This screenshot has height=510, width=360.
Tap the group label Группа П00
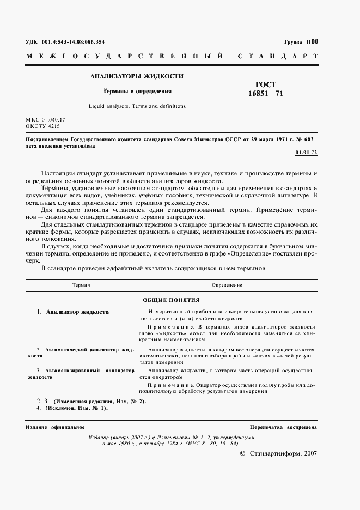[301, 41]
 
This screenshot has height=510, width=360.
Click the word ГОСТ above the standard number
[266, 84]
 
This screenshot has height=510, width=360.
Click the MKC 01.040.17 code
[45, 119]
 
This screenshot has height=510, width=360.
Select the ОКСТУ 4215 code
[42, 126]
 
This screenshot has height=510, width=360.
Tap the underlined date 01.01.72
[306, 153]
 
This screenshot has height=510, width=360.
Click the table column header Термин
[81, 286]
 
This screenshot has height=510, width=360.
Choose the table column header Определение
[227, 286]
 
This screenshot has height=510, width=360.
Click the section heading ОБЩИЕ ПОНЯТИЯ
[171, 300]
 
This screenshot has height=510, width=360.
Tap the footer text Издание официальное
[55, 427]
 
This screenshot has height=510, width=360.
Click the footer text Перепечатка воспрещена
[283, 427]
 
